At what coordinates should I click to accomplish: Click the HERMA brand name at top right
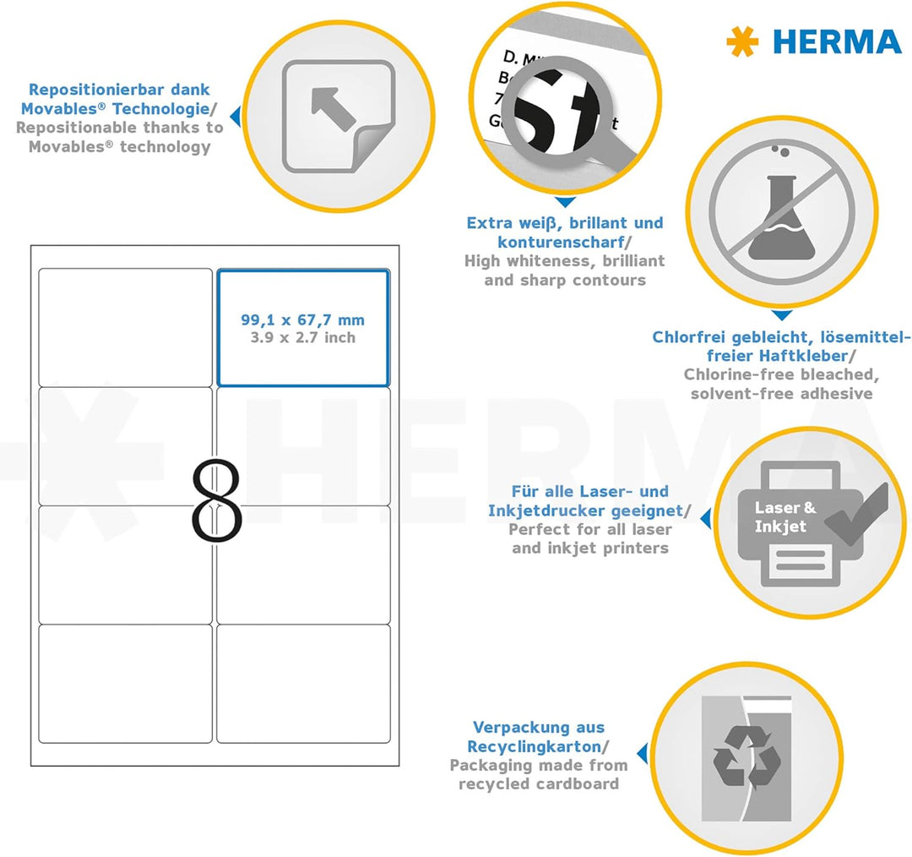(x=837, y=41)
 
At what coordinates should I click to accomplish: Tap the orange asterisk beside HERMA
(x=742, y=42)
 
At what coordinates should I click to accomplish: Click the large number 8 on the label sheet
(x=217, y=500)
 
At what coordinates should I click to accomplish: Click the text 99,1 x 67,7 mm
(x=302, y=320)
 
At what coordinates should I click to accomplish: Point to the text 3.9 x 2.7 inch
(x=303, y=338)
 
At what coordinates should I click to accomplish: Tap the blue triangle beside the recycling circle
(x=643, y=752)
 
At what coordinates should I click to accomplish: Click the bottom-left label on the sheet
(x=125, y=683)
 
